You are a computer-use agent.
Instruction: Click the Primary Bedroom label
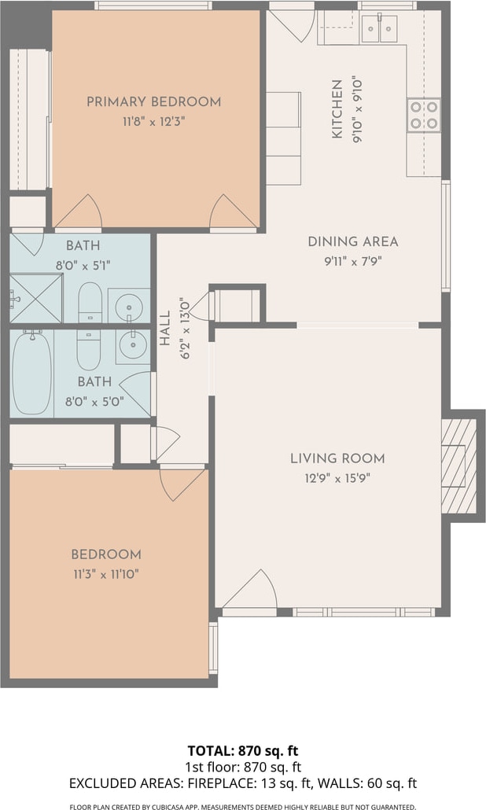pos(153,101)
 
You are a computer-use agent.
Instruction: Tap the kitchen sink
pos(379,29)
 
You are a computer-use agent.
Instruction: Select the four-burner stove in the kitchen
pos(424,115)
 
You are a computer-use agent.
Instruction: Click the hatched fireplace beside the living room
pos(458,466)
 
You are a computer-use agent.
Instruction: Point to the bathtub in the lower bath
pos(31,372)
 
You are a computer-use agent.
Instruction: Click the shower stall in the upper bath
pos(36,299)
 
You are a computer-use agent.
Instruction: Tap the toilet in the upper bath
pos(90,303)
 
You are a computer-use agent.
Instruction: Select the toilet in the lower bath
pos(89,350)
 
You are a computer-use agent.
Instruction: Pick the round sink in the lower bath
pos(132,345)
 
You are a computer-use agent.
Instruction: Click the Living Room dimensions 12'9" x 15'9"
pos(337,478)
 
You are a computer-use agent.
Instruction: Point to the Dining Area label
pos(353,241)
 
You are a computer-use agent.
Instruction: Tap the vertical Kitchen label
pos(337,109)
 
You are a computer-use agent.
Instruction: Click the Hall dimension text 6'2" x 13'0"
pos(185,328)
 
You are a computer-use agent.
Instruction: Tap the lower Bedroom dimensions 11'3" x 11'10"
pos(106,574)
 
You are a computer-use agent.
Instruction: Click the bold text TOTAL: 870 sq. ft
pos(243,750)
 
